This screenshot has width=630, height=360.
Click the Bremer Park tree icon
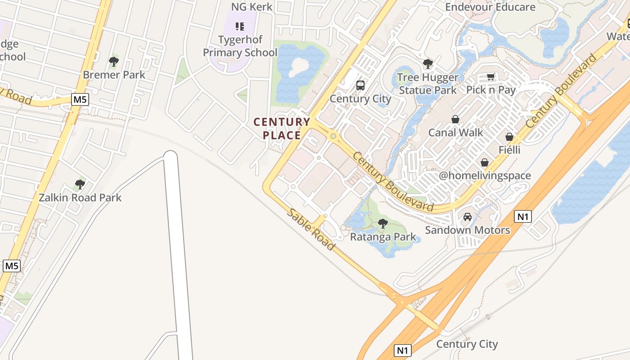(114, 61)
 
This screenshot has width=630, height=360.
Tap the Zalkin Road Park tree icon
(80, 184)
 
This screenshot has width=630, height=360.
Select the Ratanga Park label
(383, 237)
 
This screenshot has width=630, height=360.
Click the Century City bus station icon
(360, 85)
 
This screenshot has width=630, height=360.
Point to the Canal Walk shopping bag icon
(455, 119)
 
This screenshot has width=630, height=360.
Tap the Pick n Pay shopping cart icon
(491, 77)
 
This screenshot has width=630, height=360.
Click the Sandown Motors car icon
(468, 217)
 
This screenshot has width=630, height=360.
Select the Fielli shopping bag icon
(509, 137)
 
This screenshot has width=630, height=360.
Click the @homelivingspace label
(485, 175)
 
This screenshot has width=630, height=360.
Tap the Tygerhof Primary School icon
(240, 27)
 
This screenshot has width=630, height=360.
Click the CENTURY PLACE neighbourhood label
(282, 129)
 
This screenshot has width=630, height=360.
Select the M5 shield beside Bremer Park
(80, 99)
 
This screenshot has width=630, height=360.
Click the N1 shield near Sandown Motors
(522, 217)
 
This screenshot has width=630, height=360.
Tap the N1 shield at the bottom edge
(403, 350)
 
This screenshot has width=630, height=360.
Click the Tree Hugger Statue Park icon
(428, 64)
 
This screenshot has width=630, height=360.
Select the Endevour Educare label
(490, 7)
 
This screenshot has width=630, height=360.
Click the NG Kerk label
(252, 7)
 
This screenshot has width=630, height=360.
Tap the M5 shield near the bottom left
(11, 265)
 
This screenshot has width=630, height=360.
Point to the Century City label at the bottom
(467, 344)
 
